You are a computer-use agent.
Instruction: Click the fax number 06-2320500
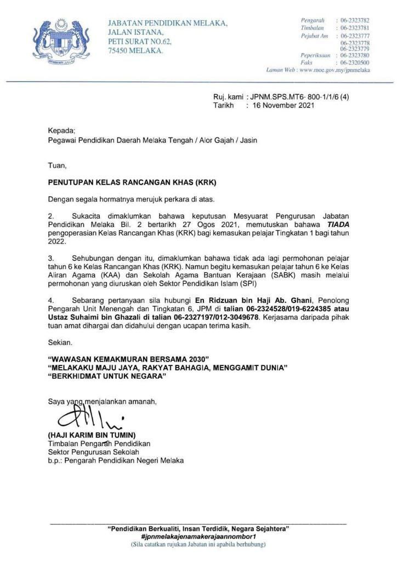click(x=355, y=62)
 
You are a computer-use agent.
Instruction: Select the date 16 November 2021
click(x=283, y=106)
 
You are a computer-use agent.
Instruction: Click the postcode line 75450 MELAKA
click(x=135, y=50)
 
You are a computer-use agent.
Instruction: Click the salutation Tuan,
click(x=57, y=165)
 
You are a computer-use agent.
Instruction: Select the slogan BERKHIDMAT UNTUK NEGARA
click(x=107, y=377)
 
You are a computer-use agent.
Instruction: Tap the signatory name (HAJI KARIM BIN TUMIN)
click(x=92, y=436)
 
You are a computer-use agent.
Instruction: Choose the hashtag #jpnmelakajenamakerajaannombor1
click(x=198, y=537)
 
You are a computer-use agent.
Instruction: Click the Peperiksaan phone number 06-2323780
click(x=355, y=55)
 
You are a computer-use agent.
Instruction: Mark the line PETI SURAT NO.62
click(x=140, y=41)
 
